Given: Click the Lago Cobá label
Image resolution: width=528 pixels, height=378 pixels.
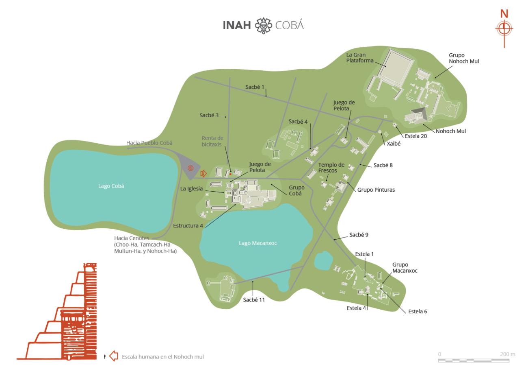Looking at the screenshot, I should pos(111,186).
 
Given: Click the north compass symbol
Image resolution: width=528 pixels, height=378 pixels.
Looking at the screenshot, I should pos(504,29).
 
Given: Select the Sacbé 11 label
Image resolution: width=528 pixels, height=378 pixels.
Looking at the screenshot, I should pos(254,300).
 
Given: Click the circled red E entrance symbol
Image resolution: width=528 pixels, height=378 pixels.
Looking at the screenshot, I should pos(191,168).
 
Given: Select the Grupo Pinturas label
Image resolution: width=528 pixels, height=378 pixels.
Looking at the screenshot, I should pos(376,190).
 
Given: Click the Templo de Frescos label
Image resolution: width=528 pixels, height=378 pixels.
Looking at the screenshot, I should pos(331,168).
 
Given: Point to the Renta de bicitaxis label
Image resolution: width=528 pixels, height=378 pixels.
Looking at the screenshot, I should pos(212,141).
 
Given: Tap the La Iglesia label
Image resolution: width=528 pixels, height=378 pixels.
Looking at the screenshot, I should pos(191,188).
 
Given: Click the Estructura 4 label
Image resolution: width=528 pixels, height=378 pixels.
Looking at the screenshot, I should pos(188,225).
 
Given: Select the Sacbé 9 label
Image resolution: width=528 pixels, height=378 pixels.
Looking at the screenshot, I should pos(359,235).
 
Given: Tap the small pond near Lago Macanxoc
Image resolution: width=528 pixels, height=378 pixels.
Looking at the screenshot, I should pos(323,261).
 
